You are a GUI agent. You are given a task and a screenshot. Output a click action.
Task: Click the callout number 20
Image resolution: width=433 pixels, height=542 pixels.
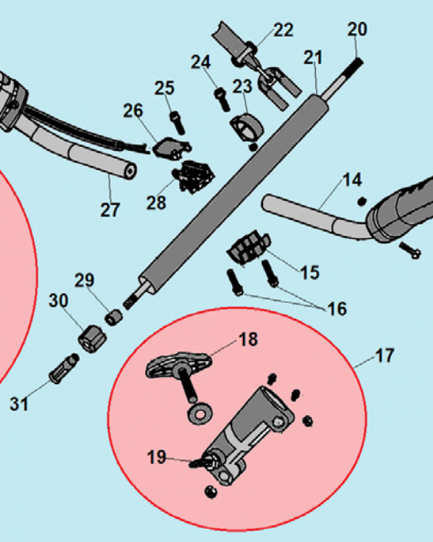point(357,29)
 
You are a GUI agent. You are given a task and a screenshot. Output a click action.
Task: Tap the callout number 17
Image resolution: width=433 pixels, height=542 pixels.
point(384,356)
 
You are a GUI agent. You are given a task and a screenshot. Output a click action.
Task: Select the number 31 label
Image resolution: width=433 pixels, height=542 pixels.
point(19,404)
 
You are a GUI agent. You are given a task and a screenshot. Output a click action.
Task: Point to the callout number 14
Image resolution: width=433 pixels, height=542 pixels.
point(352,180)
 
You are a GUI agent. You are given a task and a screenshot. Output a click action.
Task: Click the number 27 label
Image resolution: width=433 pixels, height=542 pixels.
point(110,209)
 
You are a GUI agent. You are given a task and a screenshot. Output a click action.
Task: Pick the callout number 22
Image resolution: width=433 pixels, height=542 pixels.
point(284,30)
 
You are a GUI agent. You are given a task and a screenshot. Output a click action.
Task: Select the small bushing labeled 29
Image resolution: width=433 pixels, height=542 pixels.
point(114,317)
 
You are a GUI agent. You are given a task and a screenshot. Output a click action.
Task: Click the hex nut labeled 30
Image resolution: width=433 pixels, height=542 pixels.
point(92,339)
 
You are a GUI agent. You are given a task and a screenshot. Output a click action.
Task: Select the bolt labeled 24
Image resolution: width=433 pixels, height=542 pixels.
point(222,100)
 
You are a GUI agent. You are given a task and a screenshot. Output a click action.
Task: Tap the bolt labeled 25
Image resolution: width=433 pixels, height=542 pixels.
point(178,122)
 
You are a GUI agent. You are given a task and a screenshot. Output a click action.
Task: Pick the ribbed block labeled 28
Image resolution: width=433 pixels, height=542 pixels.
point(193,176)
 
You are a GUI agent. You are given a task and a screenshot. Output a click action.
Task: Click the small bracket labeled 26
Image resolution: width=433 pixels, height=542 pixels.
point(171,148)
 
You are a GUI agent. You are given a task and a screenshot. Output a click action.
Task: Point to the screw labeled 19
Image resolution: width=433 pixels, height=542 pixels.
point(200,462)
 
